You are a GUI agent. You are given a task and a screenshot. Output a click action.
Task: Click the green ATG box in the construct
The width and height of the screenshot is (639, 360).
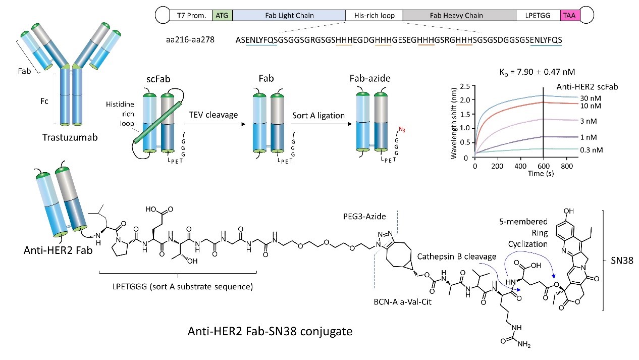[222, 15]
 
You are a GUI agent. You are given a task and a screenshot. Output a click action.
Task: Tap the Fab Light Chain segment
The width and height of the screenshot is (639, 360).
[288, 15]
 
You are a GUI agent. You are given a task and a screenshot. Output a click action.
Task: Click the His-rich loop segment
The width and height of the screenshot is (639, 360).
[374, 15]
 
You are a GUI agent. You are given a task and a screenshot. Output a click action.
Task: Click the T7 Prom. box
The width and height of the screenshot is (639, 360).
[191, 15]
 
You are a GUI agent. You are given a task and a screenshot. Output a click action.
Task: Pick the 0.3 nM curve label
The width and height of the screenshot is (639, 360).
[557, 149]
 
